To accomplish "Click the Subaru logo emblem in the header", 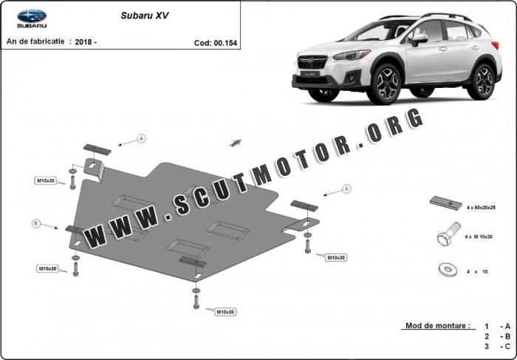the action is (x=32, y=16).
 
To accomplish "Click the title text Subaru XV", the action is (x=145, y=16).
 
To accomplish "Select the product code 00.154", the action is (x=225, y=43).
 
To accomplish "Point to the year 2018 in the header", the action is (x=83, y=42).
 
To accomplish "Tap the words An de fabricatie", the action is (x=35, y=41).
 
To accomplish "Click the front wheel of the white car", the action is (x=385, y=84).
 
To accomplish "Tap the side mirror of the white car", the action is (x=419, y=39).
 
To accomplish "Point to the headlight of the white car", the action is (x=352, y=55).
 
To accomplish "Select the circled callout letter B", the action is (x=36, y=224).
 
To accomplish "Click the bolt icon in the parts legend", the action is (x=449, y=234).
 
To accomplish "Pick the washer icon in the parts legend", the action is (x=448, y=270).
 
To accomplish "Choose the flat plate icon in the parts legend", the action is (x=446, y=203).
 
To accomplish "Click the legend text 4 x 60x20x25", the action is (x=481, y=208).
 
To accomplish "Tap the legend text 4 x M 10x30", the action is (x=479, y=237).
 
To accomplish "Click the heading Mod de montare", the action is (x=438, y=326).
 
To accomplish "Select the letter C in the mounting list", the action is (x=507, y=346).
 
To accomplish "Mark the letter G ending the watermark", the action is (x=414, y=118).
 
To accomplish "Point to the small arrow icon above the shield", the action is (x=236, y=143).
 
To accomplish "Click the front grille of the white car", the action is (x=312, y=62).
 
